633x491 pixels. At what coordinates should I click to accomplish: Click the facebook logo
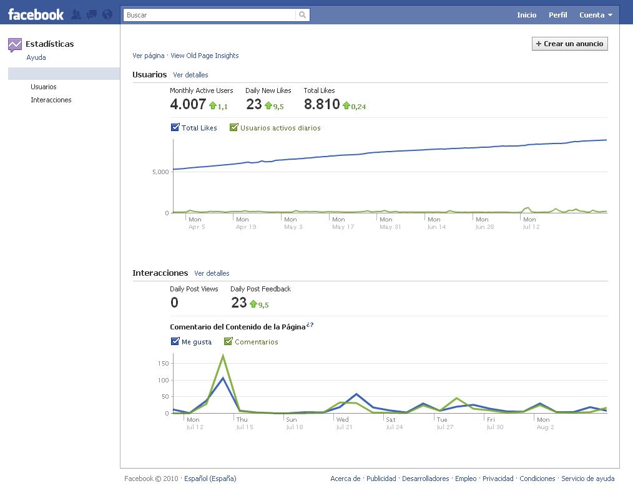click(x=36, y=15)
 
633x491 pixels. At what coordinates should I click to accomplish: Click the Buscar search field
click(x=209, y=15)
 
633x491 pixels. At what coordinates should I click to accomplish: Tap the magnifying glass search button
click(x=302, y=15)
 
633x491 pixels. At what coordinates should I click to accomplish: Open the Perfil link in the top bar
click(x=557, y=15)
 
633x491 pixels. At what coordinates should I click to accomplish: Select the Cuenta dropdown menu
click(x=596, y=15)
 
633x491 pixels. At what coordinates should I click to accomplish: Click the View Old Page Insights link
click(x=204, y=56)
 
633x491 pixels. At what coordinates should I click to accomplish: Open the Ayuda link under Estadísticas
click(x=36, y=57)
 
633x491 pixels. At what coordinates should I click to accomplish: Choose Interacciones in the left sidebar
click(x=51, y=100)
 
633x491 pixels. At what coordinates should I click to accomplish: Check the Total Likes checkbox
click(x=175, y=127)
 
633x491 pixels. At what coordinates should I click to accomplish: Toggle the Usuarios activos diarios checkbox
click(x=233, y=127)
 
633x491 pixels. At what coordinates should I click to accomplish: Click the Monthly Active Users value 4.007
click(x=188, y=104)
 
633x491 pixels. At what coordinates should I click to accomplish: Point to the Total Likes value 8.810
click(x=321, y=104)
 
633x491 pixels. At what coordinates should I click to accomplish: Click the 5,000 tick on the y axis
click(x=160, y=172)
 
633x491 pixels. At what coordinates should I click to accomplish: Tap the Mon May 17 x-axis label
click(x=343, y=223)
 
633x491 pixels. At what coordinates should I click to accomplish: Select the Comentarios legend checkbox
click(x=228, y=341)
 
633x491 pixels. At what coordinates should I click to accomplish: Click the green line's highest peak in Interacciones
click(x=223, y=356)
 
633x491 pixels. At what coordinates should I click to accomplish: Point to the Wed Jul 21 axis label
click(x=344, y=423)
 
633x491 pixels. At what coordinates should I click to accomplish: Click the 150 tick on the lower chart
click(x=163, y=364)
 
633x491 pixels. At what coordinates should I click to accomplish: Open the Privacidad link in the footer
click(x=498, y=479)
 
